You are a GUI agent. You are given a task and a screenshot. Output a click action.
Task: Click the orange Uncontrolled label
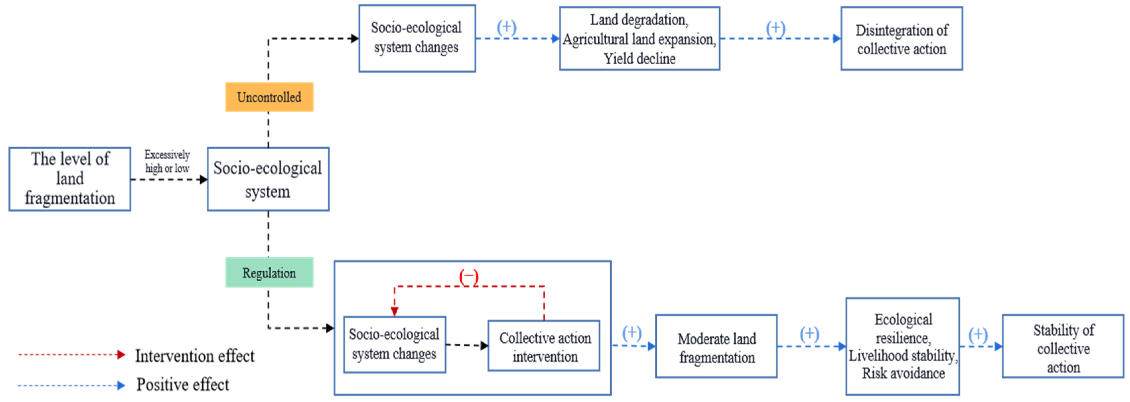[x=269, y=97]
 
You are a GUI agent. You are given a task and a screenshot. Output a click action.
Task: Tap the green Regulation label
[x=269, y=273]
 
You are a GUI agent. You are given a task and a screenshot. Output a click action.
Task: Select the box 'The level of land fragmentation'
[x=70, y=179]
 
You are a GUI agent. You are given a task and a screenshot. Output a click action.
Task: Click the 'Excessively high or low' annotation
[x=167, y=161]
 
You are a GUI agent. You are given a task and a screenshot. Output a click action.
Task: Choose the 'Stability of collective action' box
[x=1063, y=347]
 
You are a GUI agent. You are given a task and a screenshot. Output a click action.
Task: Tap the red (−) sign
[x=469, y=277]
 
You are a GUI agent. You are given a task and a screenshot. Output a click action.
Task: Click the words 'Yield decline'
[x=639, y=58]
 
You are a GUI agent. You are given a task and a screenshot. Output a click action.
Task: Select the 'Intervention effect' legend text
[x=194, y=356]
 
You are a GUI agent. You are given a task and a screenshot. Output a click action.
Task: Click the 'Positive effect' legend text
[x=182, y=384]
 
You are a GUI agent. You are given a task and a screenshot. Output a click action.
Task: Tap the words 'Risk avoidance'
[x=903, y=373]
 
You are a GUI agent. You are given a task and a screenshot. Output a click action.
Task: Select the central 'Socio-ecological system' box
[x=268, y=179]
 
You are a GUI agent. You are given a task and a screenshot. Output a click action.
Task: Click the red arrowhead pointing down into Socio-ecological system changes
[x=394, y=311]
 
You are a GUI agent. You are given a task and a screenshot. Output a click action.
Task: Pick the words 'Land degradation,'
[x=639, y=20]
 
